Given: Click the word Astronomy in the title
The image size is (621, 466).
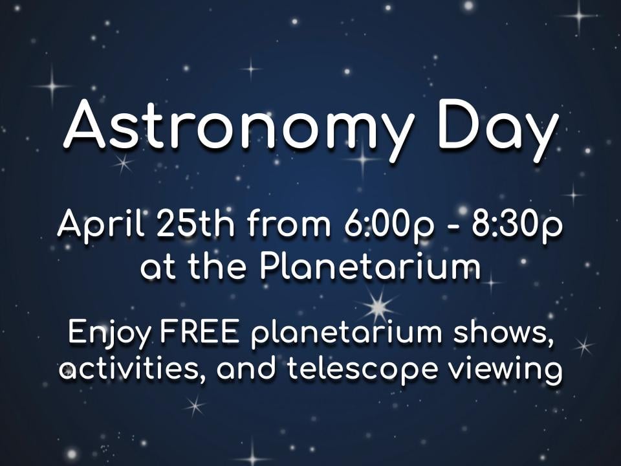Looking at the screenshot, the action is (x=238, y=127).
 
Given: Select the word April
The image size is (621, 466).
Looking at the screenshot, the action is (x=101, y=225).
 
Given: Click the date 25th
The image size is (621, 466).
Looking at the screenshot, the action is (x=195, y=224).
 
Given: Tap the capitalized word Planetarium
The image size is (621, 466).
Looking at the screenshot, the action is (x=370, y=265).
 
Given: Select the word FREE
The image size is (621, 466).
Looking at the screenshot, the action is (x=200, y=332).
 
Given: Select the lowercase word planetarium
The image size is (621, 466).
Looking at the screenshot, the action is (x=347, y=334).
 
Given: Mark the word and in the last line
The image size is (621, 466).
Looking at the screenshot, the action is (x=246, y=368).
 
